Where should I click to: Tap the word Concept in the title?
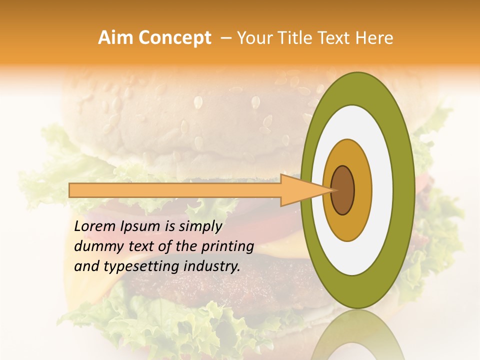click(174, 38)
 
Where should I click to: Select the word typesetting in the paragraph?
click(132, 267)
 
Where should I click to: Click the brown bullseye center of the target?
click(342, 190)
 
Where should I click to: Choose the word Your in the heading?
click(252, 38)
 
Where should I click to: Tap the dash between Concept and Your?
click(226, 38)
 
